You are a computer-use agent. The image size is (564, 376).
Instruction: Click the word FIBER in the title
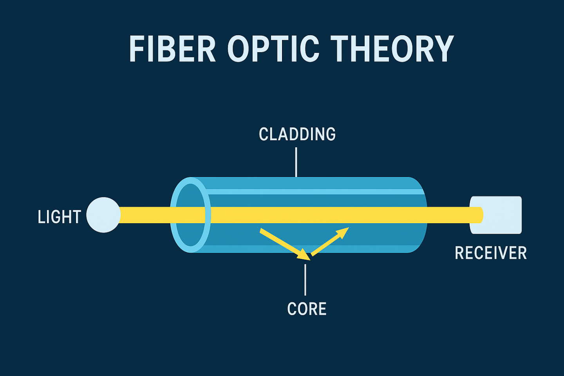point(172,49)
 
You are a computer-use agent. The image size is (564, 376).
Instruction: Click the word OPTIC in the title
point(273,49)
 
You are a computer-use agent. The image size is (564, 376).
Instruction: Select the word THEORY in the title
point(392,49)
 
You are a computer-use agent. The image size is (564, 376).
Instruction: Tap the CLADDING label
point(297,134)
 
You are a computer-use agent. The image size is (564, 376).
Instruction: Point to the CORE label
point(307,309)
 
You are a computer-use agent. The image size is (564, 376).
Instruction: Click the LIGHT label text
point(59,217)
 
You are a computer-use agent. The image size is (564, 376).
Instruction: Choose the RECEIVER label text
point(490,253)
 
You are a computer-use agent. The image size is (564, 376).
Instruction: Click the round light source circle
point(103,215)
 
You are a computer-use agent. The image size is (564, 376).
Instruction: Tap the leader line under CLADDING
point(296,162)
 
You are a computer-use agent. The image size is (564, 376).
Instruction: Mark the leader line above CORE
point(305,279)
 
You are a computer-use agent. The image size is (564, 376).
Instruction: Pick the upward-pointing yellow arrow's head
point(343,232)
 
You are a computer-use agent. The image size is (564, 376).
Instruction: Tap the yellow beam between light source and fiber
point(145,215)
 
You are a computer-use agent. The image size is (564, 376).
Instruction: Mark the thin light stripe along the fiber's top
point(313,192)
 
